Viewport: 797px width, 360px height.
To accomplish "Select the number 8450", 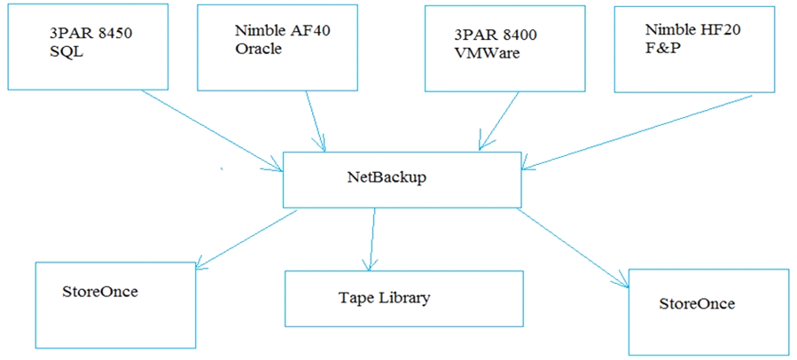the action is point(115,35).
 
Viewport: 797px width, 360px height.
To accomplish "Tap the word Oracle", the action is point(258,49).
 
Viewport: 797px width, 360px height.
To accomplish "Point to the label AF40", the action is point(311,30).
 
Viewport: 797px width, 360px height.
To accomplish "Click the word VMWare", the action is point(487,53).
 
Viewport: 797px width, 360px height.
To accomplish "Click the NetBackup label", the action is point(387,178).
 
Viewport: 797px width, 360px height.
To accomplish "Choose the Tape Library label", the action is point(384,297).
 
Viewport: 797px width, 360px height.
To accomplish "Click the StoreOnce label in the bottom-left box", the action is point(101,292).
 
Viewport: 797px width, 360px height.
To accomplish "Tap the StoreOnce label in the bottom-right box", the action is point(697,304).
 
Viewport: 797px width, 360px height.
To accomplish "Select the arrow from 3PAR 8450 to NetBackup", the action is point(212,130).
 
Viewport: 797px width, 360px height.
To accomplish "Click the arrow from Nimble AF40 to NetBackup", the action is point(315,121).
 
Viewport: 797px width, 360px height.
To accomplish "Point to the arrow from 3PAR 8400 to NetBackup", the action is point(498,121).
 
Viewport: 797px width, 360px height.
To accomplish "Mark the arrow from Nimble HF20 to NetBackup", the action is point(637,132).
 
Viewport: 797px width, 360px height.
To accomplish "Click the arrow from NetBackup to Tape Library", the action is point(371,239).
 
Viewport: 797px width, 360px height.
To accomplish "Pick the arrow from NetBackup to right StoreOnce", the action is point(574,248).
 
